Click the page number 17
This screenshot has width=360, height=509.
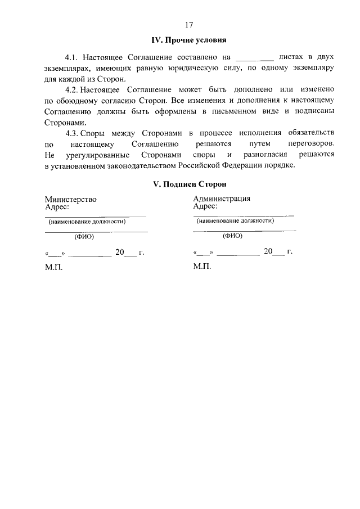[189, 25]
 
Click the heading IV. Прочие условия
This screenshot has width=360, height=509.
[189, 40]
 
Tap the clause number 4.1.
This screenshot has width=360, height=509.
[72, 57]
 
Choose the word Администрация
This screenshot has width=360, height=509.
[222, 199]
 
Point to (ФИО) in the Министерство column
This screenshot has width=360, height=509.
[84, 237]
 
